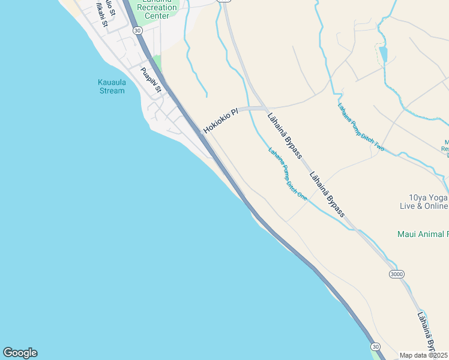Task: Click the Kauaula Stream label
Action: [111, 86]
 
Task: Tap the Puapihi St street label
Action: [151, 80]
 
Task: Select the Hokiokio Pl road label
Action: [220, 120]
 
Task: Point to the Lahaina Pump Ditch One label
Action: [288, 174]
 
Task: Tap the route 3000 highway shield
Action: [396, 274]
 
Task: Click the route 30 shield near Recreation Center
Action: [138, 30]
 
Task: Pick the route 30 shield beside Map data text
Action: [375, 347]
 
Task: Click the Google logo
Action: [20, 353]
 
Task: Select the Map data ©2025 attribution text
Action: [424, 355]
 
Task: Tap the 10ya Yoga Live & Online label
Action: [424, 202]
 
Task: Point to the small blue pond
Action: [383, 54]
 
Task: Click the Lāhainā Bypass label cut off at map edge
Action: [426, 330]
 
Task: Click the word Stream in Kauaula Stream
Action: [112, 91]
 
